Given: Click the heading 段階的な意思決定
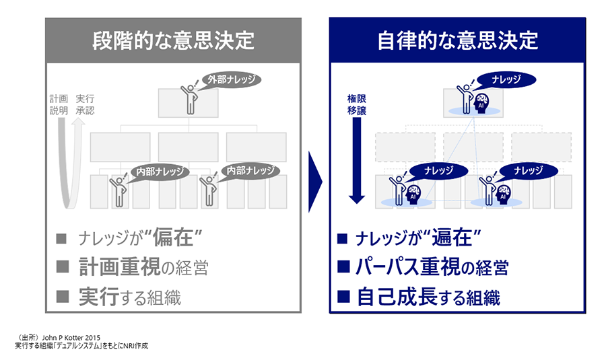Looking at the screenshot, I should (173, 40).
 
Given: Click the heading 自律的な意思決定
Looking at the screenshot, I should (458, 40).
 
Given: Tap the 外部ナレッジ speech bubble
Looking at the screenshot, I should (230, 79).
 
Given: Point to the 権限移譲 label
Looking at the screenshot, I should (356, 104).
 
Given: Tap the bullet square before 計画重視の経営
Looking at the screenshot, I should (62, 267).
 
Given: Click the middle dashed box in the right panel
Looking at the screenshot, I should (473, 147).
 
